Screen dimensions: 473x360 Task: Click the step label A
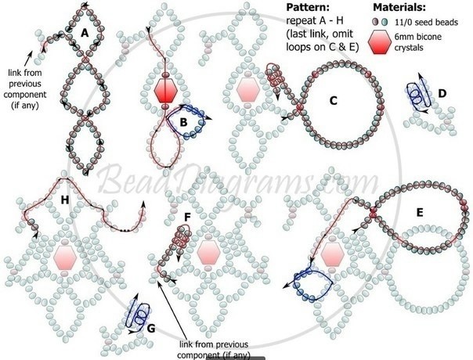point(85,33)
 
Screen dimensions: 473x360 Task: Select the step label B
point(183,123)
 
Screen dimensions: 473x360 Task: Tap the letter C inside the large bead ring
point(333,101)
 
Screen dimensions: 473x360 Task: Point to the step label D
point(442,94)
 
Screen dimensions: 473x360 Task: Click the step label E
point(420,213)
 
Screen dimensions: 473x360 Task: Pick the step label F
point(187,218)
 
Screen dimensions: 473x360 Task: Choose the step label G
point(151,328)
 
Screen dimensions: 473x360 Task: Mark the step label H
point(65,200)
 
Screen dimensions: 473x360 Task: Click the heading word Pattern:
point(308,8)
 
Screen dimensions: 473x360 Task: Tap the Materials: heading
point(399,8)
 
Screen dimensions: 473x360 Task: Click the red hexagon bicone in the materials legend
point(380,42)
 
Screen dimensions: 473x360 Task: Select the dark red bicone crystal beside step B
point(165,90)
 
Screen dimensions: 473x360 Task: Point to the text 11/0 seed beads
point(427,23)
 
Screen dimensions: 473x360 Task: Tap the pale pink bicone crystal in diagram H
point(65,257)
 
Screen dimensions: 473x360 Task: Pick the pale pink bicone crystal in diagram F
point(208,253)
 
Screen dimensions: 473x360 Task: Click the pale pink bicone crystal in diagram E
point(332,255)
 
